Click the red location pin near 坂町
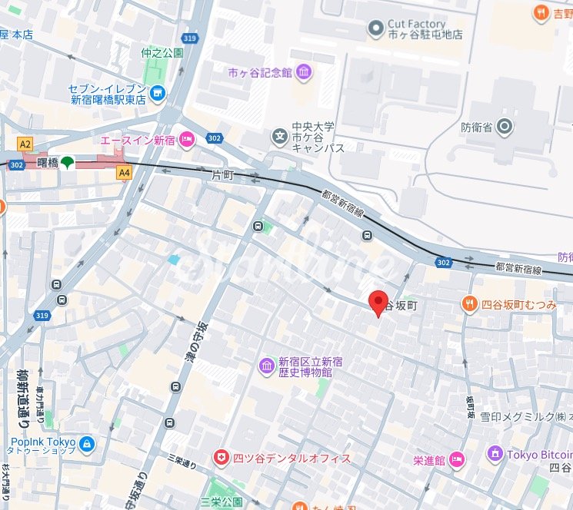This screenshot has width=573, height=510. coord(377,303)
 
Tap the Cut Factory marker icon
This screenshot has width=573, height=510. coord(375,29)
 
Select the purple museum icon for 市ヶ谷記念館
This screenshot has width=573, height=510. coord(304,73)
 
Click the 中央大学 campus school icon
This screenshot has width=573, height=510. coord(278,137)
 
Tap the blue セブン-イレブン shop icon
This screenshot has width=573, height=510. coord(158,93)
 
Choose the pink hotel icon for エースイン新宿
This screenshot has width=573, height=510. coord(188,140)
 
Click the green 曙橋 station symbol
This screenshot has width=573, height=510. coord(68,163)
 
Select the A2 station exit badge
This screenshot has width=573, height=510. coord(26,144)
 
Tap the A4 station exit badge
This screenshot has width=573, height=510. coord(124,174)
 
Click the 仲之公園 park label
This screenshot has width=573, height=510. coord(162,53)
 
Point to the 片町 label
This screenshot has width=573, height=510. coord(222,176)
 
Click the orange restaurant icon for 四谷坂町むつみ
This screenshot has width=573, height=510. coord(470,304)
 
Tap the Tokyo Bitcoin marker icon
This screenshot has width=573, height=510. coord(496,455)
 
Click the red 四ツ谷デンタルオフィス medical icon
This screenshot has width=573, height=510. coord(222,458)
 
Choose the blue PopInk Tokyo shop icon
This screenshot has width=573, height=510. coord(86,444)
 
